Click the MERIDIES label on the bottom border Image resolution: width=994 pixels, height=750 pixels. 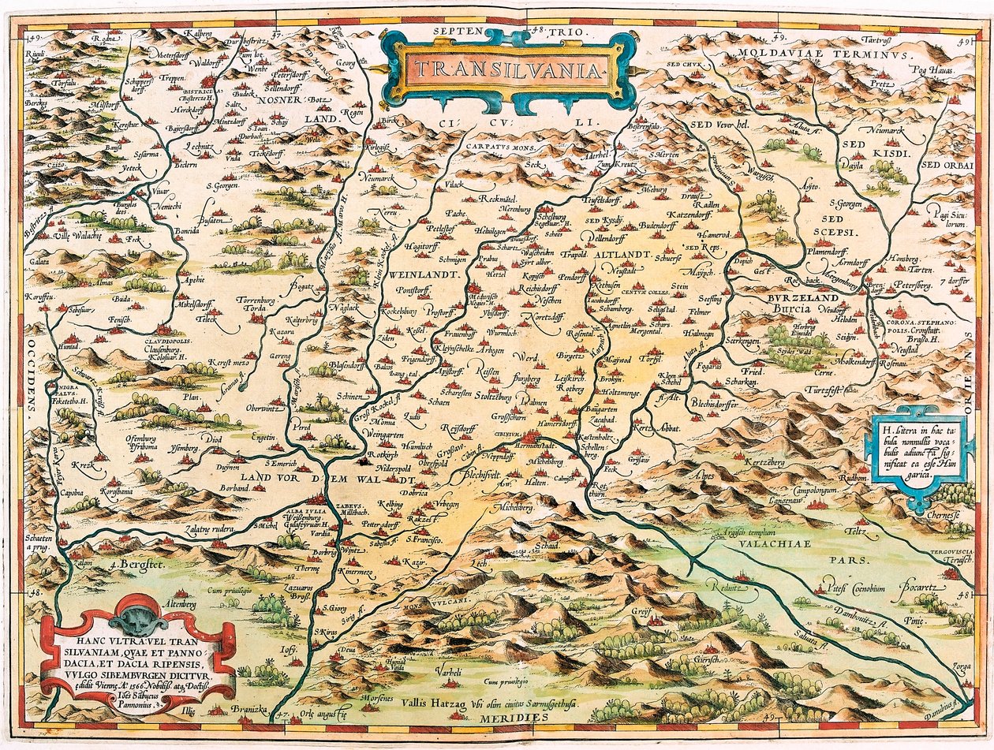click(x=507, y=719)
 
